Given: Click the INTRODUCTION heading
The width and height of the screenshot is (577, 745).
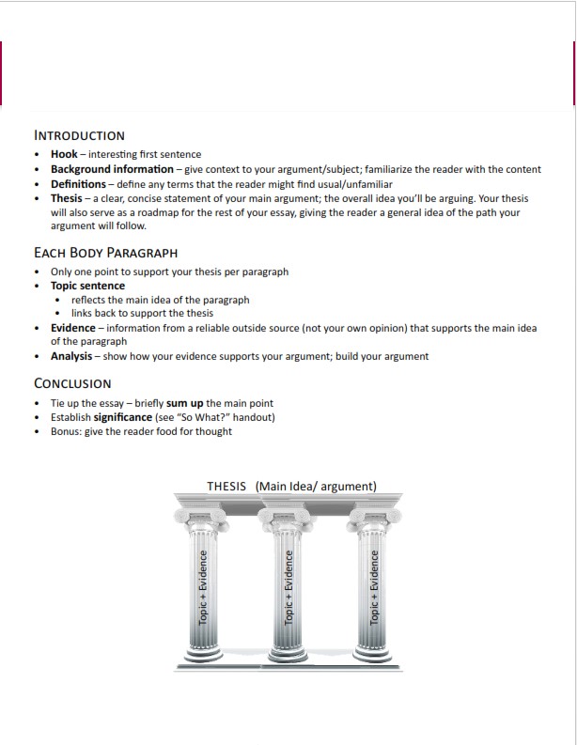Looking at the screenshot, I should (x=79, y=135).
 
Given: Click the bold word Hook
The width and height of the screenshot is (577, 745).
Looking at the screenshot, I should (x=64, y=154).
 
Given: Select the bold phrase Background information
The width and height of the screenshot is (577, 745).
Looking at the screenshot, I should (x=112, y=169).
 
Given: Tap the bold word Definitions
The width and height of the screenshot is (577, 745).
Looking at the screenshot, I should (x=78, y=184).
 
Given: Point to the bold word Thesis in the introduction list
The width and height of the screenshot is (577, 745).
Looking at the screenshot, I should (x=66, y=198).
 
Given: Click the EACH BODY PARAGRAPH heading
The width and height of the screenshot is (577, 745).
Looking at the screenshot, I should (x=105, y=253).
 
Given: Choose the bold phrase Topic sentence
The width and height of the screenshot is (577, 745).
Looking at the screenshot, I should (x=87, y=286).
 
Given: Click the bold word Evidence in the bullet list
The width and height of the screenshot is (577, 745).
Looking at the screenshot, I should (x=73, y=328).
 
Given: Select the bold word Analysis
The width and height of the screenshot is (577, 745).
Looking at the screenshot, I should (x=71, y=356).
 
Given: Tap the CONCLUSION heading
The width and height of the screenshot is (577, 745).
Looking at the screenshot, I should (x=72, y=383).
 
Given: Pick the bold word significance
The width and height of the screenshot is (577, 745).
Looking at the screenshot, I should (x=122, y=417).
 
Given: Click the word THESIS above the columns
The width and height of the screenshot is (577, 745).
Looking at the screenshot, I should (x=226, y=486).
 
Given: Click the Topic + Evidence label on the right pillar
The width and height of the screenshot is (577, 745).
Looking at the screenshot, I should (x=374, y=588).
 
